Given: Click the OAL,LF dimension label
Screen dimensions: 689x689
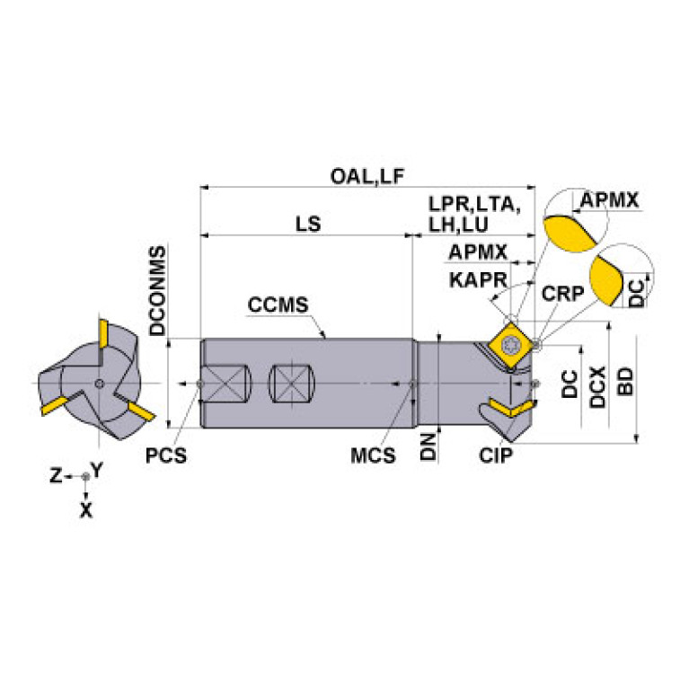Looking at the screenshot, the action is (367, 177).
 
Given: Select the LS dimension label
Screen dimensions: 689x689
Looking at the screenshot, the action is (308, 224).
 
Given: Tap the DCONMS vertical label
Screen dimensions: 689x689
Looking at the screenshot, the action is (158, 290).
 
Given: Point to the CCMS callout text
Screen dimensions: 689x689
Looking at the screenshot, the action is (278, 305).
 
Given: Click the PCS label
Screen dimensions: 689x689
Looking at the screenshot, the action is (166, 455).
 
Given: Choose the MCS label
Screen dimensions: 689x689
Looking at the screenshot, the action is (373, 455).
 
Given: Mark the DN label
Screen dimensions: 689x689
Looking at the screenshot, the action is (428, 446).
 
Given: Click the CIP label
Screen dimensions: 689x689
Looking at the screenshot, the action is (496, 455).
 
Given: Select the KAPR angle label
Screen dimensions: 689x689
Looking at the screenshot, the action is (478, 280).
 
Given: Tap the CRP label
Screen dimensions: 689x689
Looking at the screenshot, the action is (562, 293).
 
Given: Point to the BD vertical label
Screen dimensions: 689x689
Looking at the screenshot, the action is (626, 382).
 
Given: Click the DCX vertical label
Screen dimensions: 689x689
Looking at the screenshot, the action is (597, 387).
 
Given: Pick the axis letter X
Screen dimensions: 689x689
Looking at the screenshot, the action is (86, 510).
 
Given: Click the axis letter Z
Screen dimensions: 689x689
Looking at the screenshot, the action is (56, 475).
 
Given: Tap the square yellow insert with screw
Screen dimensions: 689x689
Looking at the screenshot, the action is (510, 345).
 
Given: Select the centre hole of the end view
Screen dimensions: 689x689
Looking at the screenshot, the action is (100, 384).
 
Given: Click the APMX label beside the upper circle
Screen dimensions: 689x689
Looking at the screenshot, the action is (609, 200).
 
